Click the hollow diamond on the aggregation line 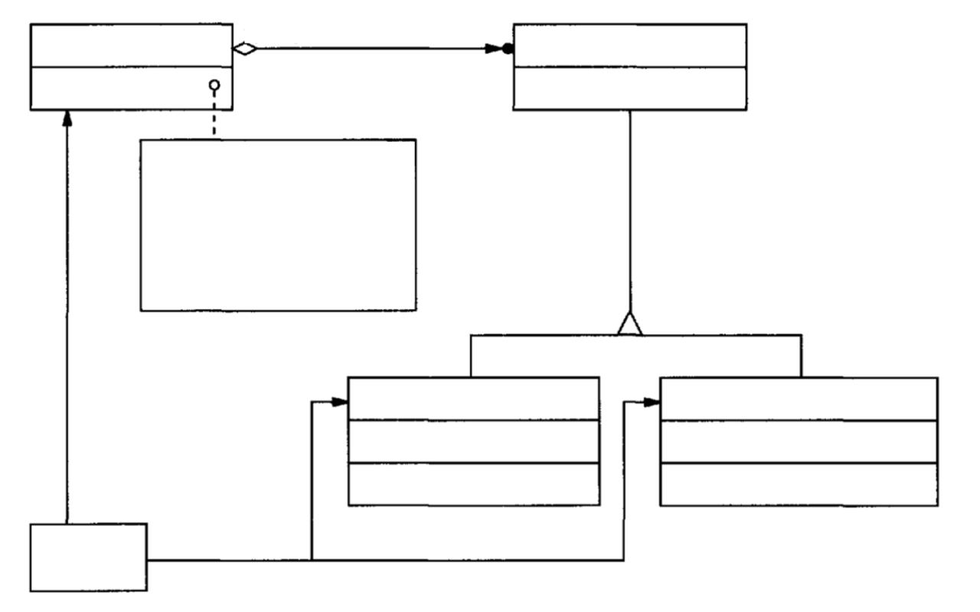(x=244, y=49)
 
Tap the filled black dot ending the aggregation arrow (x=507, y=49)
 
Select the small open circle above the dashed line (x=214, y=84)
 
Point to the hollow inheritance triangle (x=629, y=324)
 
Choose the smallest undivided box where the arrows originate (x=88, y=557)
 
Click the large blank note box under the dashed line (x=278, y=225)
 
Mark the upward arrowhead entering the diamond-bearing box (x=67, y=119)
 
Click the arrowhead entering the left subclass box (x=339, y=402)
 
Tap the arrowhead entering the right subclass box (x=651, y=402)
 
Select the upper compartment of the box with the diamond (x=131, y=45)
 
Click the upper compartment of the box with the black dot (x=629, y=45)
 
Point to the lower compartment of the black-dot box (x=629, y=89)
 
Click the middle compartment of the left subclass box (x=473, y=441)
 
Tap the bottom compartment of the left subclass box (x=473, y=484)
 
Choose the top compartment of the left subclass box (x=473, y=399)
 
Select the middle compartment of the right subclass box (x=799, y=441)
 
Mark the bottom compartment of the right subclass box (x=799, y=484)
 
